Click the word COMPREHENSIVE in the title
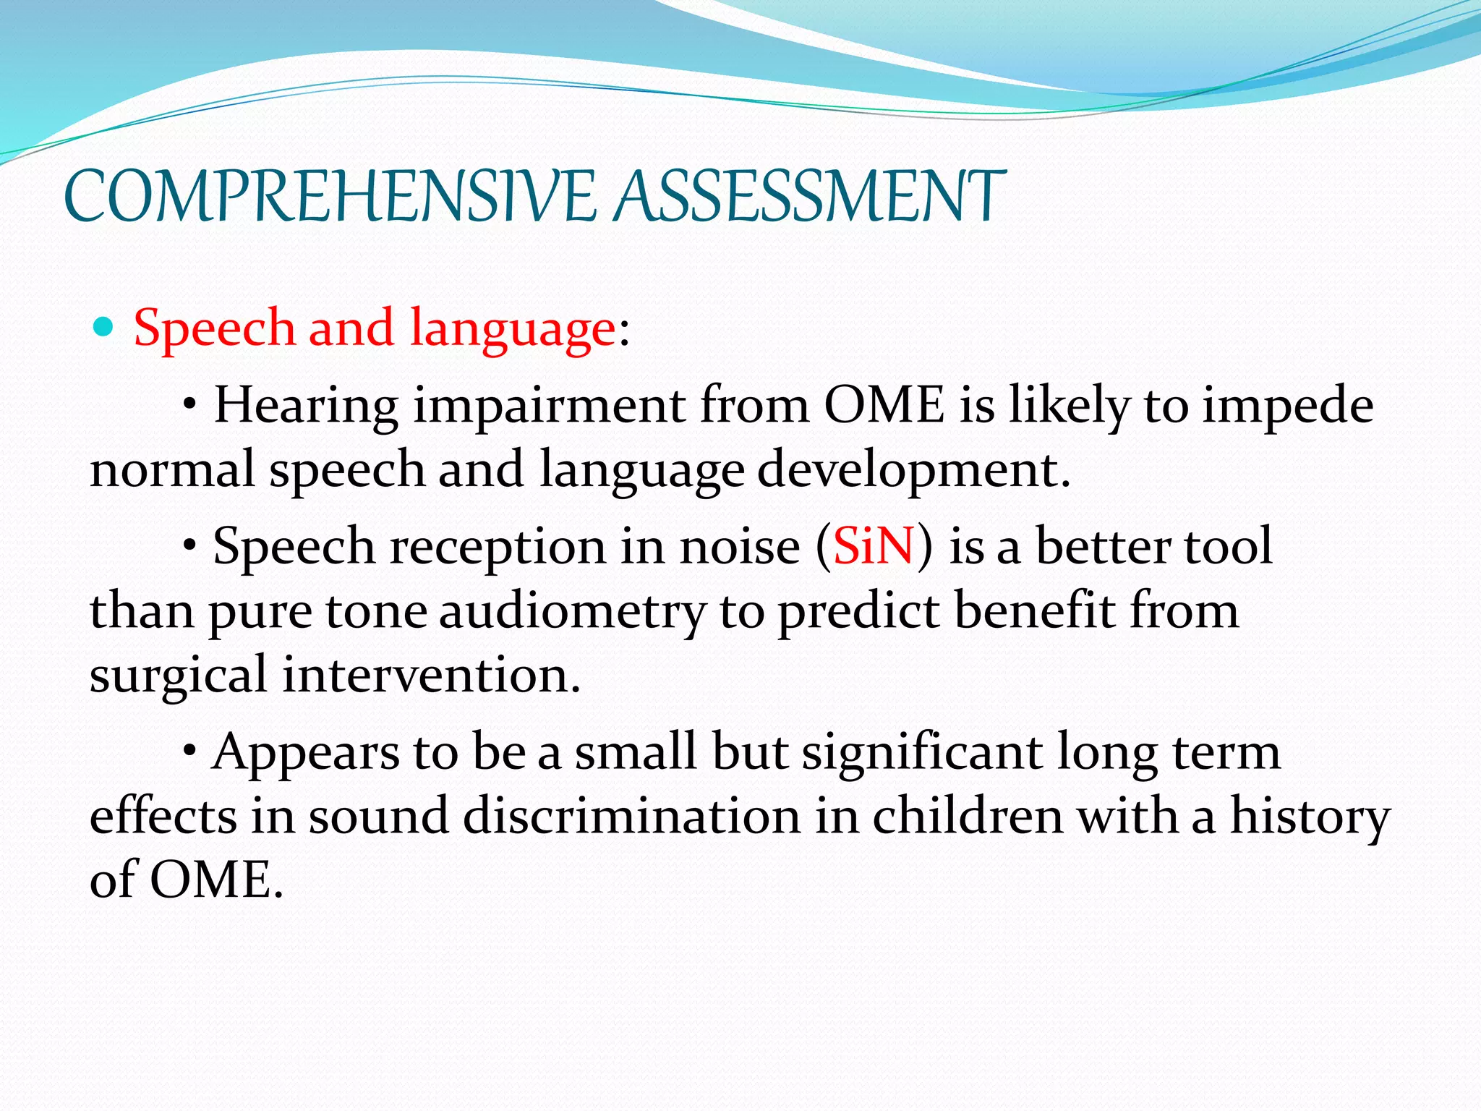(330, 196)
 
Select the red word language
(512, 330)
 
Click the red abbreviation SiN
(874, 546)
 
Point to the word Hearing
(306, 406)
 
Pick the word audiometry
(571, 612)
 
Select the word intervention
(431, 674)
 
